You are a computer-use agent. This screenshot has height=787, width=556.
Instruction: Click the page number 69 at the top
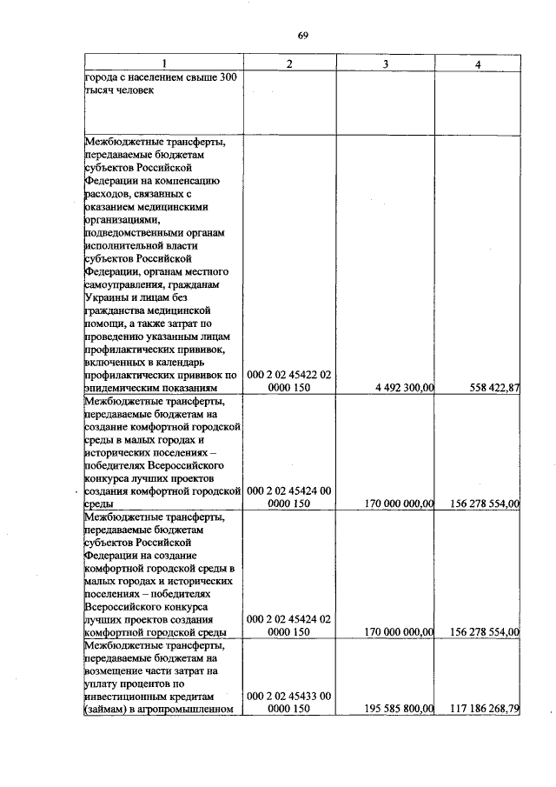tap(302, 36)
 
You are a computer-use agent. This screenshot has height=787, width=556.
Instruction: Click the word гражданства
tap(117, 310)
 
